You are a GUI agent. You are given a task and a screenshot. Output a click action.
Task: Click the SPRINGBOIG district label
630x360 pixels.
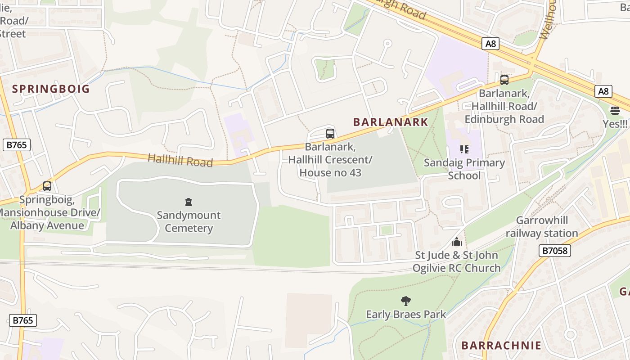click(x=51, y=89)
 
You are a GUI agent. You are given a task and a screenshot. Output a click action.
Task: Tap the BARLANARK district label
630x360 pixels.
click(x=391, y=122)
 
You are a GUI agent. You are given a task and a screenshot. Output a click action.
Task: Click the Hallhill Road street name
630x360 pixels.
click(x=180, y=160)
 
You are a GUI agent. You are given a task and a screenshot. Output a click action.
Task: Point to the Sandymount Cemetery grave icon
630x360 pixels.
click(x=189, y=202)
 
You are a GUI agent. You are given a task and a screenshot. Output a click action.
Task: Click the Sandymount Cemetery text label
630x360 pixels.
click(x=189, y=221)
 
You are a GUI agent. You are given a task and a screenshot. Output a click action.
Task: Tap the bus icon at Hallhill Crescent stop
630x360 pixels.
click(x=330, y=134)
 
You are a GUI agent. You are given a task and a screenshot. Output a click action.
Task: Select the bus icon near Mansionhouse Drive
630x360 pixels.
click(x=47, y=186)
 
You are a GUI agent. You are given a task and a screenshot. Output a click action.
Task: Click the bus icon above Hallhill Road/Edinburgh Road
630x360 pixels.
click(x=504, y=80)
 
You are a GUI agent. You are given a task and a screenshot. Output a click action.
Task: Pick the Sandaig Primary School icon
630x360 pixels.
click(x=464, y=149)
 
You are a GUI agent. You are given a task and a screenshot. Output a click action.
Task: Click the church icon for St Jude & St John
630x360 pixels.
click(x=457, y=242)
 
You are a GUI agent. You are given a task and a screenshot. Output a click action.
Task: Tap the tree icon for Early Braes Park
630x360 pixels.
click(x=406, y=301)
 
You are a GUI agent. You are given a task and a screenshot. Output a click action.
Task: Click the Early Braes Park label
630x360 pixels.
click(x=406, y=315)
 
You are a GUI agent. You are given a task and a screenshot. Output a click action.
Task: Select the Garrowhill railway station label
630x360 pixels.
click(x=542, y=227)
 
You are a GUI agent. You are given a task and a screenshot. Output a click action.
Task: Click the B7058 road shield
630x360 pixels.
click(x=554, y=251)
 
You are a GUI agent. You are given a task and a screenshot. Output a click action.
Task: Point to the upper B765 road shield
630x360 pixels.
click(x=16, y=145)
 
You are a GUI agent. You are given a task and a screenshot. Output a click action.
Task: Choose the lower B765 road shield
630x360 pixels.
click(x=22, y=320)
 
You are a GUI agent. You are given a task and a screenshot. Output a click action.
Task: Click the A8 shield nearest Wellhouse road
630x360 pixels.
click(x=490, y=44)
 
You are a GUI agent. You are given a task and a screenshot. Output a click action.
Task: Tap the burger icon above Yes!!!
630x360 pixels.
click(x=615, y=110)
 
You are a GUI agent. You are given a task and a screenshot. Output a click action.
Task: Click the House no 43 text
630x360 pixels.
click(x=330, y=172)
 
